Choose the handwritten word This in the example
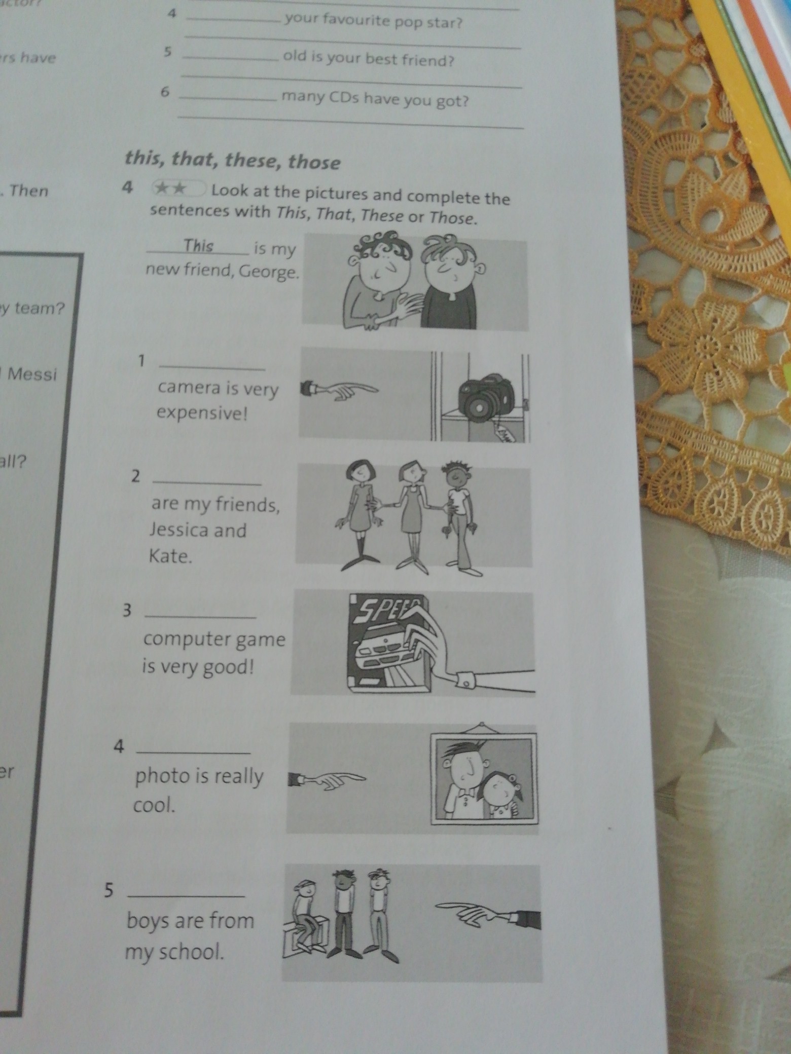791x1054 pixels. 198,246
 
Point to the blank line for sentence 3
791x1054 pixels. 200,617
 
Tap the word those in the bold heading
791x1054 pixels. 314,163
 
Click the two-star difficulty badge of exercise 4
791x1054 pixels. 177,189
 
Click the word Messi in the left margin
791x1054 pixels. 31,375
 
